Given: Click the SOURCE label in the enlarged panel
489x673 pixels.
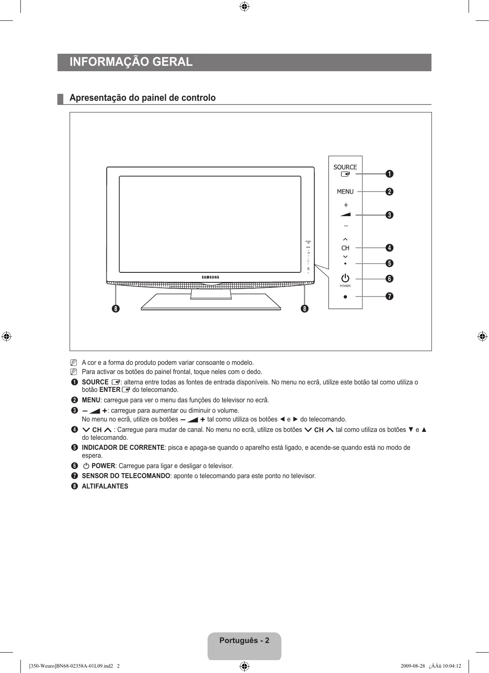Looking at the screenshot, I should pos(345,167).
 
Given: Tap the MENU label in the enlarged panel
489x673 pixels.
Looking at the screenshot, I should pos(345,192).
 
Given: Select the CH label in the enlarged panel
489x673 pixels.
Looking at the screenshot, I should pos(345,248).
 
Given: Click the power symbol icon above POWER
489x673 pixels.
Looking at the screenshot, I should pos(345,278).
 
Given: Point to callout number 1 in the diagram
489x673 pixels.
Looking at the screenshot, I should pos(389,174).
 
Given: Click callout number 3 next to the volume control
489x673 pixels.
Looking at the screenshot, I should pos(389,215).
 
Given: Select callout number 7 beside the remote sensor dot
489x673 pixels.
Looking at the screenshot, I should pos(389,296).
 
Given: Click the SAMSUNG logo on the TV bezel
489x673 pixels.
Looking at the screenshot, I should pos(211,277).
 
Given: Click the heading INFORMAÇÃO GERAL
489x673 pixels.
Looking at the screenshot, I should pos(131,62).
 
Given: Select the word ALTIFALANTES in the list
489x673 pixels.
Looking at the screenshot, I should pos(105,486).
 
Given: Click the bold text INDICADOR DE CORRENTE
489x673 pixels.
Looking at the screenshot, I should pos(123,448).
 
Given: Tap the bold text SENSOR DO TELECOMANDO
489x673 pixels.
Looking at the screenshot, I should pos(126,476).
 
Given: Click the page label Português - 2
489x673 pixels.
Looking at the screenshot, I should pos(244,641).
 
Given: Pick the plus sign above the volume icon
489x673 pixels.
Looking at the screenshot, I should pos(346,205).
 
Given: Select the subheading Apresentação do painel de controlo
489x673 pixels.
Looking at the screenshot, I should pos(143,98).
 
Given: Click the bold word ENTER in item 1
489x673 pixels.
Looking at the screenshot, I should pos(110,390).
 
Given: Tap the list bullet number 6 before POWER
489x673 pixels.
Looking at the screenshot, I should pos(74,466).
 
